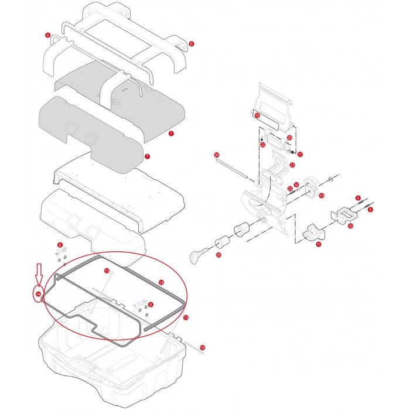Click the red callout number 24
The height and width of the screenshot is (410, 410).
(217, 155)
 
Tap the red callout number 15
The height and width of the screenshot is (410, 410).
(257, 116)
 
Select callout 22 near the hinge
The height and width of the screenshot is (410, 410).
(263, 144)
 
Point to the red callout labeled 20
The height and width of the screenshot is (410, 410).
(289, 138)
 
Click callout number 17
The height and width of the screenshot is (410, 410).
(300, 155)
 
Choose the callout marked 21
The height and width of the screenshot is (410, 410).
(292, 166)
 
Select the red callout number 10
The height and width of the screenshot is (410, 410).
(350, 225)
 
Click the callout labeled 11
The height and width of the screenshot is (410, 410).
(318, 245)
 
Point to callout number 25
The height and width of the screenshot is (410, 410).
(218, 255)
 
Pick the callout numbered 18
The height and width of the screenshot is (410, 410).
(203, 348)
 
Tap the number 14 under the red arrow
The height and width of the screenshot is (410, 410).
(38, 294)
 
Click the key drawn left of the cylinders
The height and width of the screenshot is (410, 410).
(198, 253)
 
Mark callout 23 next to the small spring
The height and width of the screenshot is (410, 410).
(290, 188)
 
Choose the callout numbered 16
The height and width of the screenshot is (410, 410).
(296, 185)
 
